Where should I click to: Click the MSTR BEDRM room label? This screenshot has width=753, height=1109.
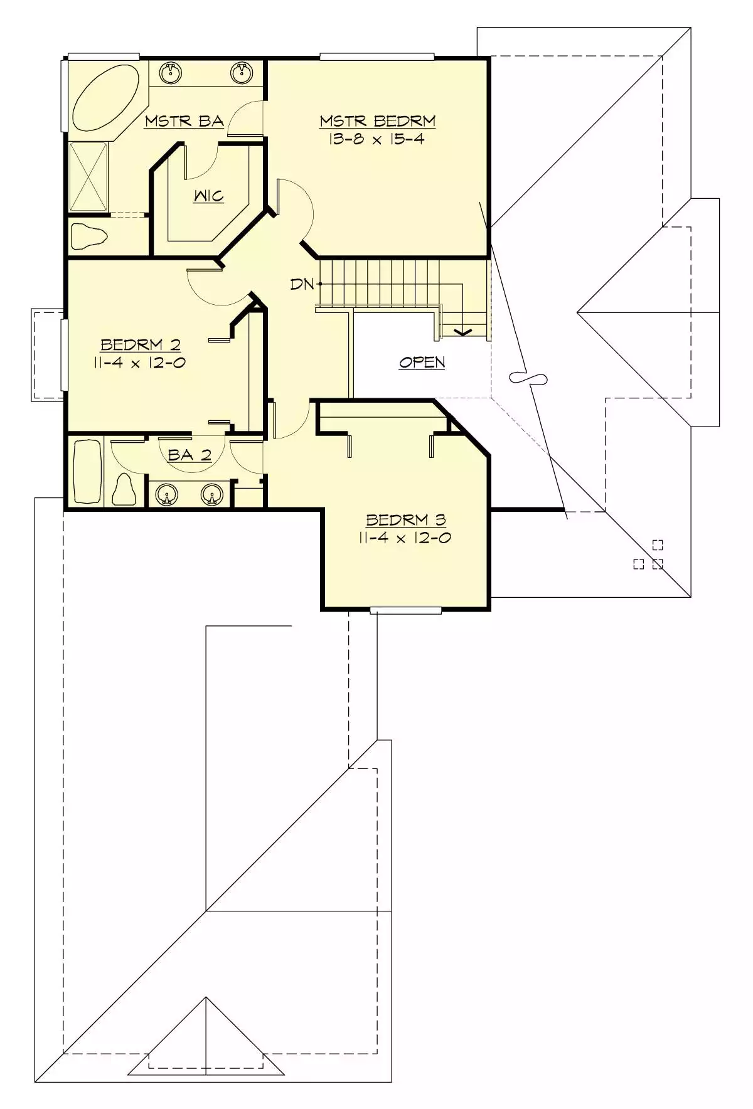[377, 121]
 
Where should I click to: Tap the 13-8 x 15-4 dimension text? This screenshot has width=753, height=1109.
[376, 139]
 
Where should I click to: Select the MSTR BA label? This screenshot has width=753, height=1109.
[184, 121]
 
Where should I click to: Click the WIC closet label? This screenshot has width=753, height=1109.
[208, 196]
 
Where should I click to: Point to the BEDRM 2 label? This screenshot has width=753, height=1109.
[141, 344]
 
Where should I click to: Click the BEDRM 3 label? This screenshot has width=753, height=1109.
[406, 520]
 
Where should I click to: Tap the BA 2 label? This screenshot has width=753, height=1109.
[190, 455]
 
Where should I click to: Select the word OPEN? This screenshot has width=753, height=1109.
[422, 362]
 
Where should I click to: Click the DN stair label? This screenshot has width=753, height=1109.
[302, 284]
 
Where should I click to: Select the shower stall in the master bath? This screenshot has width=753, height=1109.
[88, 177]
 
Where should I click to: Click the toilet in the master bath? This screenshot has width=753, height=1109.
[87, 236]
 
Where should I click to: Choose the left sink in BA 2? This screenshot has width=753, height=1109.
[166, 495]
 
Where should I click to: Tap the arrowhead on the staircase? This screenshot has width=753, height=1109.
[463, 332]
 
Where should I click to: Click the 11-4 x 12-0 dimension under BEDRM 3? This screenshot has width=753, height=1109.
[405, 538]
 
